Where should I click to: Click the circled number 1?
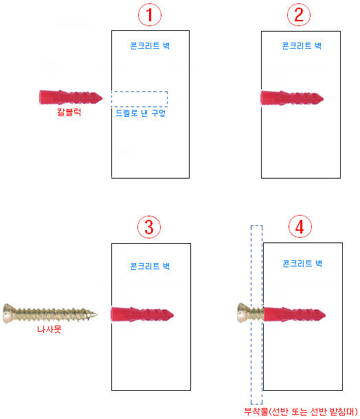pos(150,14)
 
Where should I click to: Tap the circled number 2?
pos(299,14)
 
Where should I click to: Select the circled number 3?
pos(149,227)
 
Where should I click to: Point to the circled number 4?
pos(300,227)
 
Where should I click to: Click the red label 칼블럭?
pos(69,112)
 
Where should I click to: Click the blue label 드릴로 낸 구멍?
pos(141,113)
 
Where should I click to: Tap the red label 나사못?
pos(49,329)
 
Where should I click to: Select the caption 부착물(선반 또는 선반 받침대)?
pos(301,411)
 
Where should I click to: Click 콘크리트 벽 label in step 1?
pos(150,46)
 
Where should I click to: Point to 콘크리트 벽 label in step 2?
pos(302,46)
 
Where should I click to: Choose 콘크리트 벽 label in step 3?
pos(150,266)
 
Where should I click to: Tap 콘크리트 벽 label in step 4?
pos(302,264)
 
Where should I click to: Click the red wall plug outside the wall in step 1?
pos(71,97)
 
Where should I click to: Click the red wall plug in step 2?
pos(292,98)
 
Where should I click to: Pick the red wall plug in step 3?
pos(142,315)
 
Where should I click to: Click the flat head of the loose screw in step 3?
pos(8,313)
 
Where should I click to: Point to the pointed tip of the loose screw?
pos(97,315)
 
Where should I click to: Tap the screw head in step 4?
pos(243,313)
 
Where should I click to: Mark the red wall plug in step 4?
pos(295,315)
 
